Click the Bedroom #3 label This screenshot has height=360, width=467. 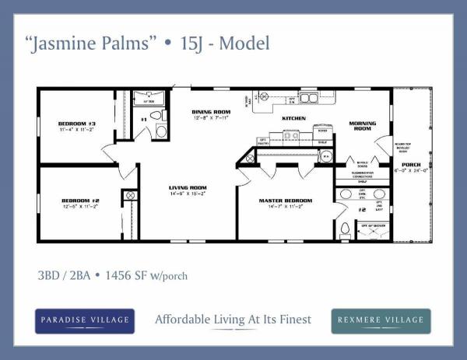[x=76, y=124]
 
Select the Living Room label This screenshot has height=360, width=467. [x=188, y=187]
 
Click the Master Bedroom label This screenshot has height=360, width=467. [x=285, y=201]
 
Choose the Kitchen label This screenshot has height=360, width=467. [x=293, y=118]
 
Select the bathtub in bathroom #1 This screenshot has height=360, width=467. [x=147, y=99]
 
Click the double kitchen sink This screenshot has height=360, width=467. [x=309, y=98]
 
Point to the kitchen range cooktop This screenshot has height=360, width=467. [x=291, y=135]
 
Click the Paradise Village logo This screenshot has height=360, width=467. [x=85, y=320]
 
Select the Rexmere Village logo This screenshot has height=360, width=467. [x=381, y=320]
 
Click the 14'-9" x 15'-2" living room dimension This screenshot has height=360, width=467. [x=188, y=194]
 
